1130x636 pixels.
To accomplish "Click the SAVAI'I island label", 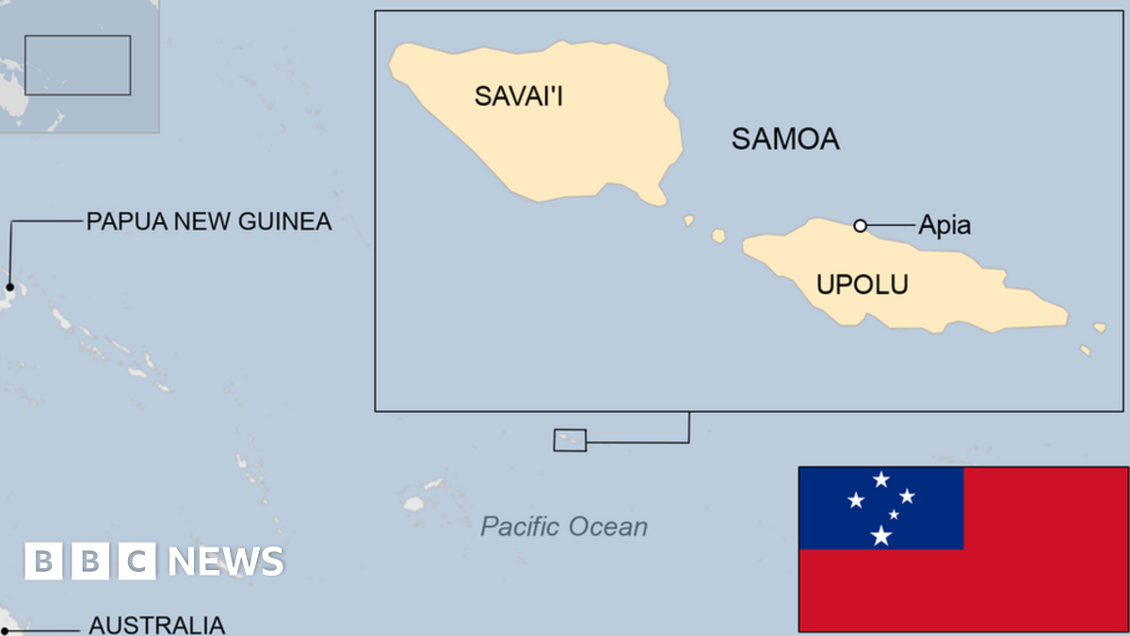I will [x=519, y=95].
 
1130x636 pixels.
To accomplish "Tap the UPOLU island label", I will [x=862, y=284].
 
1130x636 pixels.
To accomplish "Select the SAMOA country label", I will [x=785, y=140].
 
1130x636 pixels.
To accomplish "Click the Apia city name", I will [x=944, y=226].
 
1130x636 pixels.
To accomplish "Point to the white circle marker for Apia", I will [x=860, y=225].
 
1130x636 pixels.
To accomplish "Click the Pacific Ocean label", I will [x=564, y=526].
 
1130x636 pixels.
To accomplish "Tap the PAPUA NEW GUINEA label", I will [x=209, y=222].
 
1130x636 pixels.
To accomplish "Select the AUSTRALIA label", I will [x=156, y=625].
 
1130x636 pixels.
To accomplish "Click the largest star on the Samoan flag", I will [x=880, y=535].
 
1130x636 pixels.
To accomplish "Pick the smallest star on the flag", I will [x=894, y=514].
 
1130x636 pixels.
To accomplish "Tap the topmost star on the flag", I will [x=880, y=480].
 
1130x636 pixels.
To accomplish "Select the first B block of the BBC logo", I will [x=42, y=562].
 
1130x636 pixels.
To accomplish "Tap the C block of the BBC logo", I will [x=137, y=562].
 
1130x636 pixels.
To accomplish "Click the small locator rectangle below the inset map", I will [x=570, y=440].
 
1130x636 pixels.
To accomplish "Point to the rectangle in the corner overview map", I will [x=77, y=65].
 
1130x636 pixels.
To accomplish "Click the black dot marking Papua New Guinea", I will [x=9, y=287].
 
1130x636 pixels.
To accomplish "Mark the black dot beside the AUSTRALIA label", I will [x=4, y=630].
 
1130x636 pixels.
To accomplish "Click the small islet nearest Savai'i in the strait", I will [x=688, y=220].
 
